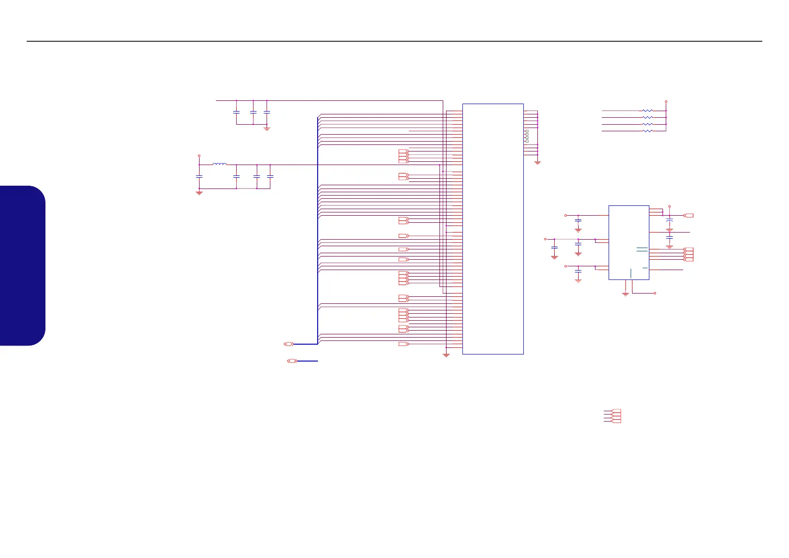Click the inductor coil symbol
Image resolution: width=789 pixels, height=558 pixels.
point(219,164)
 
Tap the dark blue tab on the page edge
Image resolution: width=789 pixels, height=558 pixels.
point(22,265)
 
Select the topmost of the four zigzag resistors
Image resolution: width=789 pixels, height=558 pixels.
point(647,111)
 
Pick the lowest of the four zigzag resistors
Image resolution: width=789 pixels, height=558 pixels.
point(647,131)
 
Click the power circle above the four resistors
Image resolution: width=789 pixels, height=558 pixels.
point(666,101)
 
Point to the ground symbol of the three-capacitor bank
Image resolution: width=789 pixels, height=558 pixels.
point(267,128)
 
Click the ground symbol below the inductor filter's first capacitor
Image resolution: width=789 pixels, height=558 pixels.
point(199,192)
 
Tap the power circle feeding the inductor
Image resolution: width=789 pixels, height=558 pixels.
point(199,155)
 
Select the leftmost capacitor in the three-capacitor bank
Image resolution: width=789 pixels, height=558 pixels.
point(237,113)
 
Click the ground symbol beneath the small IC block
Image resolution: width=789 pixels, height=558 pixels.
point(625,294)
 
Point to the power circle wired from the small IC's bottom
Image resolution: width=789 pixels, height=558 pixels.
point(655,293)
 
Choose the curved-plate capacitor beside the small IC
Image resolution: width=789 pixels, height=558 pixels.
point(670,220)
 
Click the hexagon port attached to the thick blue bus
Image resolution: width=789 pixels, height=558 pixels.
point(289,344)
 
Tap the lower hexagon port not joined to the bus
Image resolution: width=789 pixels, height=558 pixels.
point(291,361)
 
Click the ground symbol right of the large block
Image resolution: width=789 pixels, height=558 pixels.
point(537,162)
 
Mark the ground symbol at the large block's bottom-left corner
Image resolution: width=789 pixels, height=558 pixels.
point(446,355)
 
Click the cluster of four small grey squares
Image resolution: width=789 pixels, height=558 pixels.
point(527,136)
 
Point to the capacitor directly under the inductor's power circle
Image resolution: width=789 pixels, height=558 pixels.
point(199,176)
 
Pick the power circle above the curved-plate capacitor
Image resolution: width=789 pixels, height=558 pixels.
point(670,206)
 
